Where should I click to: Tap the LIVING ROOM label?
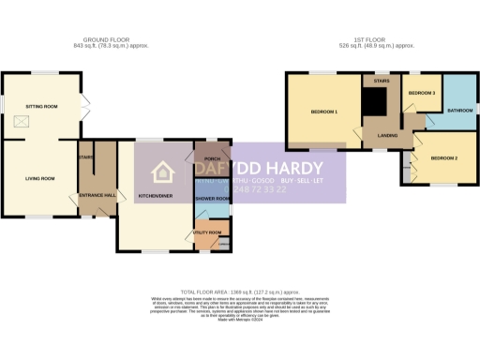39,177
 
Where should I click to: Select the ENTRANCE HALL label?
97,196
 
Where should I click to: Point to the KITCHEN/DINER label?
155,196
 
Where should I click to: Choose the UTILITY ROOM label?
207,232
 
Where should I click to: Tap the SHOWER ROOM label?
212,199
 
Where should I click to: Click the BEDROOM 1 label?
322,112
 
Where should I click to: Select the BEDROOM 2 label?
443,158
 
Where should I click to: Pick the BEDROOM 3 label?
421,94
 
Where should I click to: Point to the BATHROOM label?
459,111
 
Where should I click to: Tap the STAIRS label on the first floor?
381,82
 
